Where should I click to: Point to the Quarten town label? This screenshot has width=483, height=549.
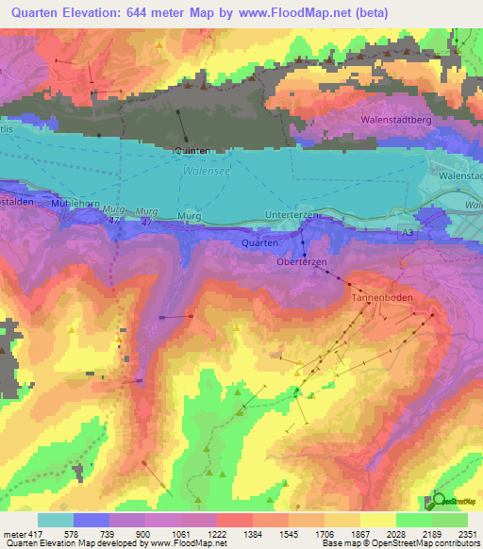click(259, 242)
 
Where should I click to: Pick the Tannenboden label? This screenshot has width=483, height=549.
click(377, 297)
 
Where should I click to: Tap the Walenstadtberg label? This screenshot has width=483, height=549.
click(395, 121)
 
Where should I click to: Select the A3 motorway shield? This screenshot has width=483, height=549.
click(407, 231)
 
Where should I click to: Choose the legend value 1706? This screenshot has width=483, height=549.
click(323, 536)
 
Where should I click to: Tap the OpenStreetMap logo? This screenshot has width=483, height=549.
click(456, 501)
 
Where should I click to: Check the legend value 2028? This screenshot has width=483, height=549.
click(394, 536)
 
